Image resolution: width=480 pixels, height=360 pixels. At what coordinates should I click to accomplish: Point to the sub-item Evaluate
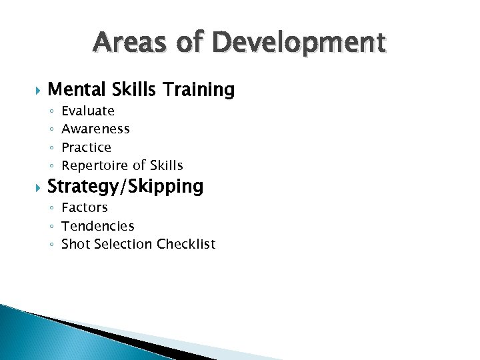pos(88,111)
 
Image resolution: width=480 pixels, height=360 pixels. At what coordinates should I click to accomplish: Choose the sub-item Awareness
pos(95,129)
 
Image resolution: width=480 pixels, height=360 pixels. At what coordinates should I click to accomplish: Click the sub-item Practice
pos(86,147)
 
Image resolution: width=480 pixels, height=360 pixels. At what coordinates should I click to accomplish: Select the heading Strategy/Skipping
pos(125,187)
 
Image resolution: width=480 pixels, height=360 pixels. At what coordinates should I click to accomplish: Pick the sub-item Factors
pos(85,207)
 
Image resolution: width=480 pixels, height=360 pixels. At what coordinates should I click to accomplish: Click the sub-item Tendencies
pos(98,226)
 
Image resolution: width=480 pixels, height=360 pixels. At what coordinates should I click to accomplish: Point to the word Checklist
pos(186,244)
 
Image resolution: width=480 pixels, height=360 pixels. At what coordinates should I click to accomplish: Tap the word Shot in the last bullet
pos(76,244)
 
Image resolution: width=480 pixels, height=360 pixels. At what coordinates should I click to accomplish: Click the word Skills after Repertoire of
pos(167,165)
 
